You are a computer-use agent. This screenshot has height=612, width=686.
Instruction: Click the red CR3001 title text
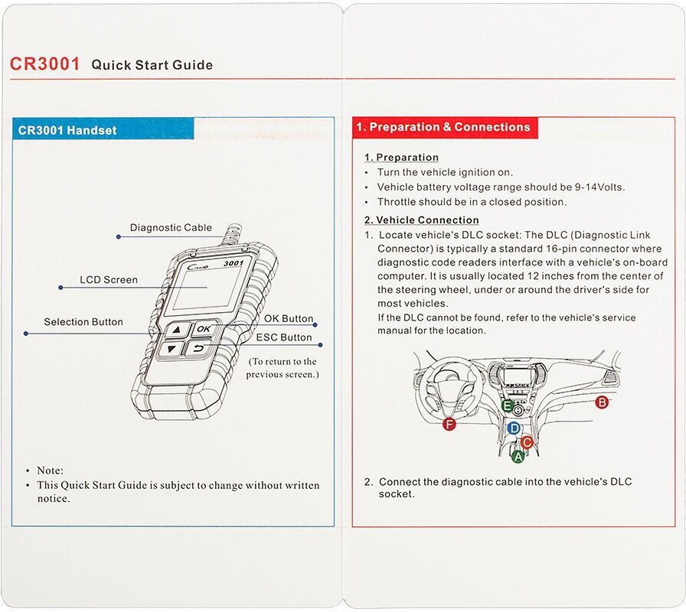[x=44, y=64]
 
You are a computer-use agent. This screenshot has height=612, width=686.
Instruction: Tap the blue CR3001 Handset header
[x=67, y=130]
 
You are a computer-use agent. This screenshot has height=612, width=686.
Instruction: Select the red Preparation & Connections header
[x=443, y=127]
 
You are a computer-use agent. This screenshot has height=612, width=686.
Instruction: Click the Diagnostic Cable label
[x=171, y=227]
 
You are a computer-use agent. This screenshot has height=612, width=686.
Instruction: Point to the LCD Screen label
[x=109, y=280]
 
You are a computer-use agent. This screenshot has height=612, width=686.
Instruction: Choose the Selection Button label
[x=83, y=322]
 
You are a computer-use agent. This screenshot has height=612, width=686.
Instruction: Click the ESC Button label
[x=284, y=337]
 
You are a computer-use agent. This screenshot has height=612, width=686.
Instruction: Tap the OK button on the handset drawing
[x=202, y=329]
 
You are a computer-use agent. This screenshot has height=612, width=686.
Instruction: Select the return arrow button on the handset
[x=198, y=350]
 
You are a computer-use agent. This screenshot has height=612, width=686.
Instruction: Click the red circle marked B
[x=602, y=402]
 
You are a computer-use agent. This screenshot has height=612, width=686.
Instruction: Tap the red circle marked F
[x=449, y=425]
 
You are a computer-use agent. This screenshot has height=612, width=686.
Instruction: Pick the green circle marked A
[x=518, y=457]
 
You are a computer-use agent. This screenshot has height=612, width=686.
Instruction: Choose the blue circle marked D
[x=514, y=429]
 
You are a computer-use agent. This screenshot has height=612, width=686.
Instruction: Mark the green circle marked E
[x=507, y=405]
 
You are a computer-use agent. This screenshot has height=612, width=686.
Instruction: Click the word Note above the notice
[x=50, y=470]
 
